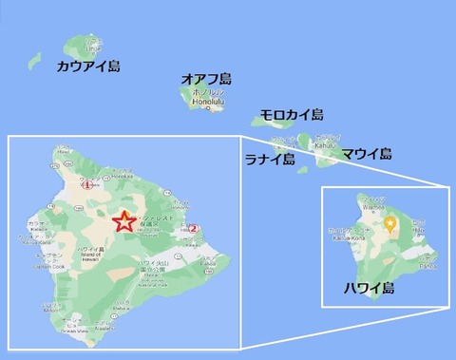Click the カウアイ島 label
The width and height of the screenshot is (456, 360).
pos(87,66)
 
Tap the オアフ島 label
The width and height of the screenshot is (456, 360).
pos(207,79)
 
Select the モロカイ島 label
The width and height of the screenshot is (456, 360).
pos(292,115)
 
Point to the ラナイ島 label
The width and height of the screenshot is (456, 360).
pos(269,159)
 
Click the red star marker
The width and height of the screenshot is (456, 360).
pos(123,222)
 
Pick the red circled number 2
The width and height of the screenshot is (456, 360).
pos(192,227)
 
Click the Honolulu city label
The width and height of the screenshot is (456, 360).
pos(211,106)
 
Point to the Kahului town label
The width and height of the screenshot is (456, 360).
pos(325,147)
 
